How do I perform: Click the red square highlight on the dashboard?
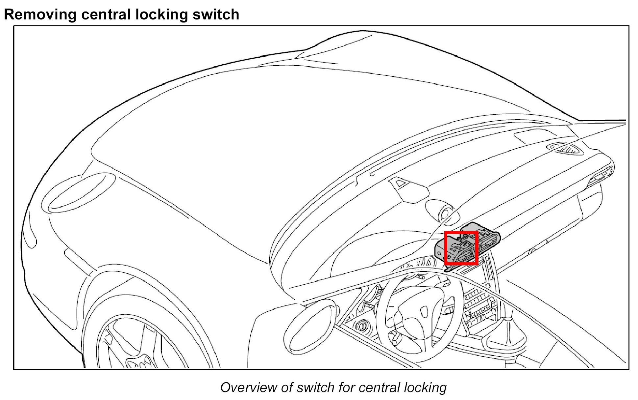(461, 248)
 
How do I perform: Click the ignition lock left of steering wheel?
(363, 327)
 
